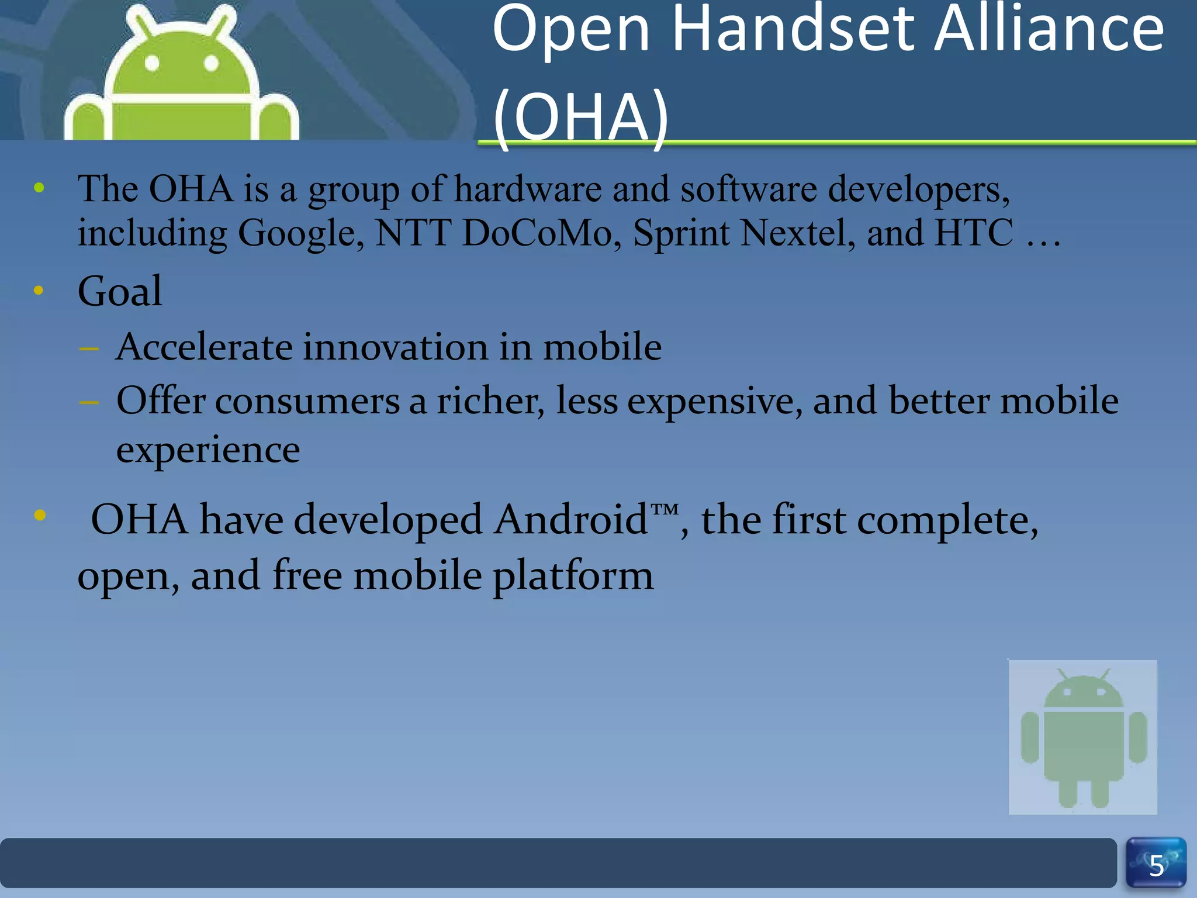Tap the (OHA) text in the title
pyautogui.click(x=581, y=117)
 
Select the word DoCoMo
pyautogui.click(x=537, y=233)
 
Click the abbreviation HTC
pyautogui.click(x=974, y=233)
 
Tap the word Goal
pyautogui.click(x=120, y=291)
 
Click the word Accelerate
pyautogui.click(x=204, y=347)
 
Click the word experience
pyautogui.click(x=208, y=450)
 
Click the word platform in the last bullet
pyautogui.click(x=573, y=576)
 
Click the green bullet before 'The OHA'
pyautogui.click(x=39, y=188)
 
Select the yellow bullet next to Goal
pyautogui.click(x=39, y=291)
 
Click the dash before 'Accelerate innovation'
pyautogui.click(x=89, y=349)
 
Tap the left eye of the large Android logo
pyautogui.click(x=152, y=63)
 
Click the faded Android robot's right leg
pyautogui.click(x=1100, y=793)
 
